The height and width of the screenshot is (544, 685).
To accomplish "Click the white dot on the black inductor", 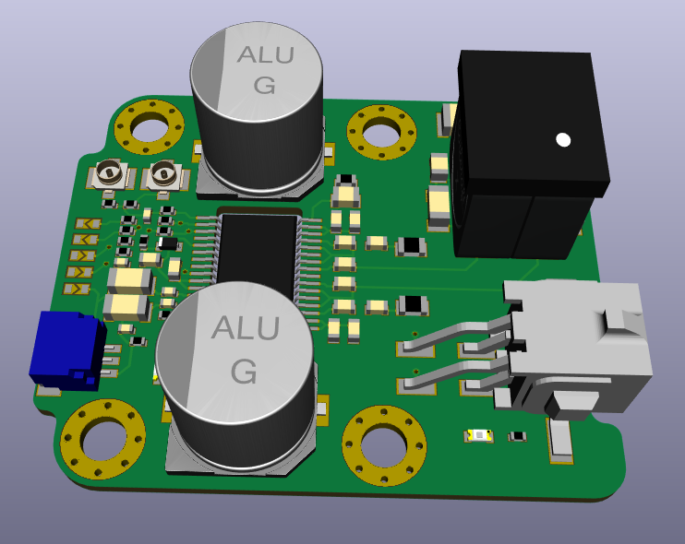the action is [x=563, y=140].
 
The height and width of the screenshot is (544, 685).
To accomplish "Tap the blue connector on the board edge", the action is [x=67, y=349].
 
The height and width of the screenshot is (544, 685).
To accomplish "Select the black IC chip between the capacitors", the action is [x=258, y=253].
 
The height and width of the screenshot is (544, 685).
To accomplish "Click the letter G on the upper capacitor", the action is [x=264, y=85].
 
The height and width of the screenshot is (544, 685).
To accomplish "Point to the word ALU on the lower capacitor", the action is [x=245, y=327].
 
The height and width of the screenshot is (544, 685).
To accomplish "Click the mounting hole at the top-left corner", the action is [x=149, y=126].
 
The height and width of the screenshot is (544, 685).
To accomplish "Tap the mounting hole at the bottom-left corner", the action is [x=103, y=440].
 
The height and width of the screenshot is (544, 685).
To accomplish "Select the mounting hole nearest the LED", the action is [x=384, y=445].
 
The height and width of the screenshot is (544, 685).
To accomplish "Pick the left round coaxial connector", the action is [x=110, y=173].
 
